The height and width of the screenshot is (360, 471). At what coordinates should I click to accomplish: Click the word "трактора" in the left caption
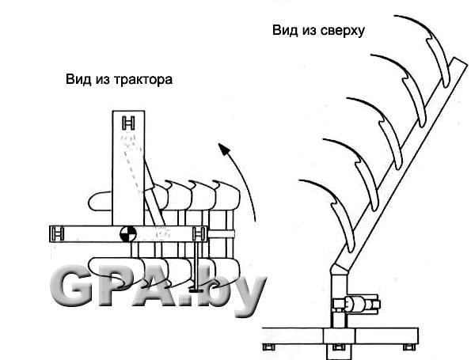[x=143, y=80]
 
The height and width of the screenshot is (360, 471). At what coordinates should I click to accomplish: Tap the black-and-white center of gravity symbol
[x=128, y=234]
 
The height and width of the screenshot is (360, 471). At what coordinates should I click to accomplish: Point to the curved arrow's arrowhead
[x=224, y=149]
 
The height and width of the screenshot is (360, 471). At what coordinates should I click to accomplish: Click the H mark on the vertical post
[x=128, y=123]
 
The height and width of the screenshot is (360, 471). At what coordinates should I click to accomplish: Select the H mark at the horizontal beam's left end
[x=57, y=234]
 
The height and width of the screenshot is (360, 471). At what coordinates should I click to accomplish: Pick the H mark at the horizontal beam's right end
[x=199, y=234]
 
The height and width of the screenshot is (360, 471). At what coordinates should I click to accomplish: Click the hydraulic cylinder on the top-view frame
[x=356, y=305]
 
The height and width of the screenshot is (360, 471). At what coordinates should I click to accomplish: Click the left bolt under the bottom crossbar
[x=269, y=347]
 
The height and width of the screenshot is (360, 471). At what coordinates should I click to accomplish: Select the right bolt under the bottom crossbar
[x=409, y=347]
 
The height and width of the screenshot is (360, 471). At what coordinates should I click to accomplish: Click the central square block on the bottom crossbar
[x=339, y=335]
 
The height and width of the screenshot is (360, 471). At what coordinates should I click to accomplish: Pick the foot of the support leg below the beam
[x=196, y=290]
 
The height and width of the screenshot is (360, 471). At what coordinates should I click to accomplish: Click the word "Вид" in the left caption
[x=78, y=80]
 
